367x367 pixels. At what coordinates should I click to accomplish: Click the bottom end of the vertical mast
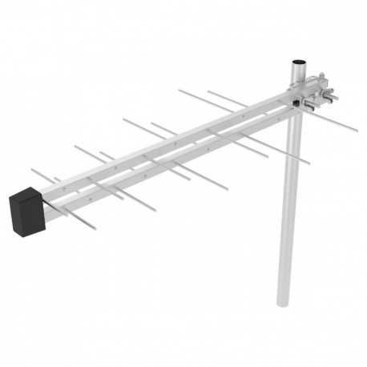tap(284, 302)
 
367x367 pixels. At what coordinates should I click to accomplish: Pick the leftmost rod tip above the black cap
tap(31, 170)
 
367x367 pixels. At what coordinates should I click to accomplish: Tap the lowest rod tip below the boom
tap(95, 229)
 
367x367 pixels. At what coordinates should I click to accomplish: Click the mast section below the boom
tap(288, 208)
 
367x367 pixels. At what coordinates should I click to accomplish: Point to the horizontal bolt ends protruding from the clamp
tap(333, 97)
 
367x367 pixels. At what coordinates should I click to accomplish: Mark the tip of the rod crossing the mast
tap(309, 163)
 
